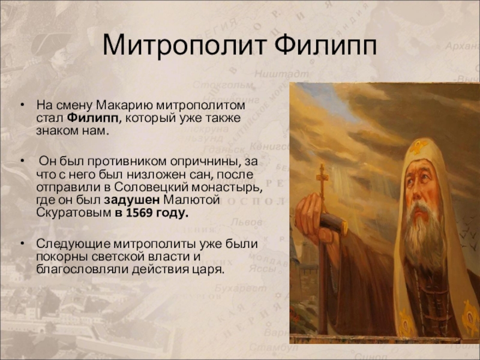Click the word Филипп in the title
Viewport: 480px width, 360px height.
click(325, 46)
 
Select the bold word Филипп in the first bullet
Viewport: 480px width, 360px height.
click(92, 118)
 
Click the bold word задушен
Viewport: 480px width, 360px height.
click(131, 200)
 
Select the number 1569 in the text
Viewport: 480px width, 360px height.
click(139, 213)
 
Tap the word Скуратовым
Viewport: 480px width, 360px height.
click(73, 213)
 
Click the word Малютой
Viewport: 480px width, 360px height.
click(191, 200)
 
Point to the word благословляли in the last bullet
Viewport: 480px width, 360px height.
click(82, 269)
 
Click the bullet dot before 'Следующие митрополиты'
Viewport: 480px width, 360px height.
click(22, 244)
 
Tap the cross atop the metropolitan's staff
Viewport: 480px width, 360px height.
click(322, 176)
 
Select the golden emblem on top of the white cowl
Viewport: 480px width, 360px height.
click(419, 146)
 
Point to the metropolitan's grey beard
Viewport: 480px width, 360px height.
click(424, 233)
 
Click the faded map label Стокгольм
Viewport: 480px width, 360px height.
click(223, 85)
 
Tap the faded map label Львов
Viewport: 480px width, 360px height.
click(247, 222)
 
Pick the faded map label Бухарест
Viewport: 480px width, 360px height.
click(241, 289)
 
